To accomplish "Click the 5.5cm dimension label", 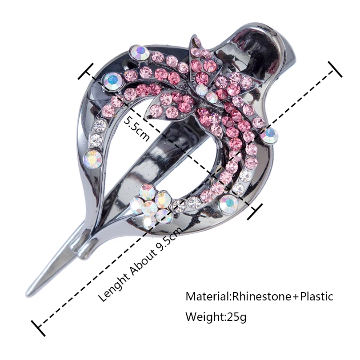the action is (136, 128).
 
